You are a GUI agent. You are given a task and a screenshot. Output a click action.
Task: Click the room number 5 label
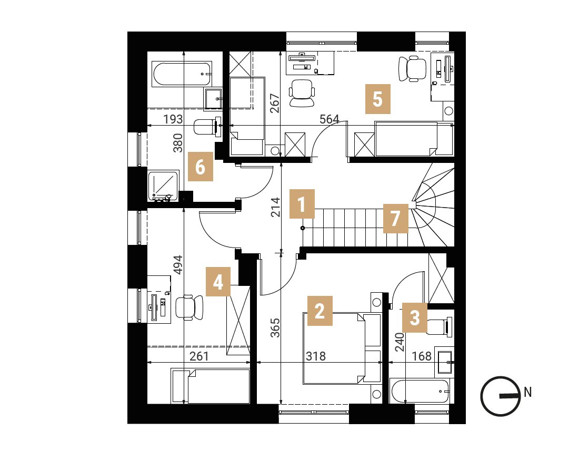tap(378, 99)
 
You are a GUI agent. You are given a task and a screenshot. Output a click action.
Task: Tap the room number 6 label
tap(200, 166)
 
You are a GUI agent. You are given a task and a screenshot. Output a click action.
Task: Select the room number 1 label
tap(302, 204)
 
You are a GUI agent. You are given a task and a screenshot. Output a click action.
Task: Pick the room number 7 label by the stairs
tap(395, 218)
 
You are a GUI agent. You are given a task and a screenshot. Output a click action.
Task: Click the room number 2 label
tap(320, 311)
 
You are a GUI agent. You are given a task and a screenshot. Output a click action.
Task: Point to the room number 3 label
tap(415, 318)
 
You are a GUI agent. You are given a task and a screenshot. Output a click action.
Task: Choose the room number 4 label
tap(218, 282)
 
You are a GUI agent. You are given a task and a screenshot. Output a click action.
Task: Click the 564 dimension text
tap(330, 119)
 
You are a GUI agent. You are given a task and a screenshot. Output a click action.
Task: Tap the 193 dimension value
tap(173, 119)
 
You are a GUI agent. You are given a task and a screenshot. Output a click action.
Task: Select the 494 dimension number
tap(178, 265)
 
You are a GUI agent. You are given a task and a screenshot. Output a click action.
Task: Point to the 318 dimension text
tap(316, 356)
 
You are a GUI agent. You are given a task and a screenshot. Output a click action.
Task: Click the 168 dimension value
tap(422, 356)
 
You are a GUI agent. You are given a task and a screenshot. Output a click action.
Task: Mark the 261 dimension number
tap(199, 356)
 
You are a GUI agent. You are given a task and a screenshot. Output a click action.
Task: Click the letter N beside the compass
tap(527, 392)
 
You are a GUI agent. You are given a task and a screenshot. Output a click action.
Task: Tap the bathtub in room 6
tap(182, 74)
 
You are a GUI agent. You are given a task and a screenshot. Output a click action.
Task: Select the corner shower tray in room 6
tap(164, 186)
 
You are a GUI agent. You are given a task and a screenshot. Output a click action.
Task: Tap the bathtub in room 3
tap(421, 392)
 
